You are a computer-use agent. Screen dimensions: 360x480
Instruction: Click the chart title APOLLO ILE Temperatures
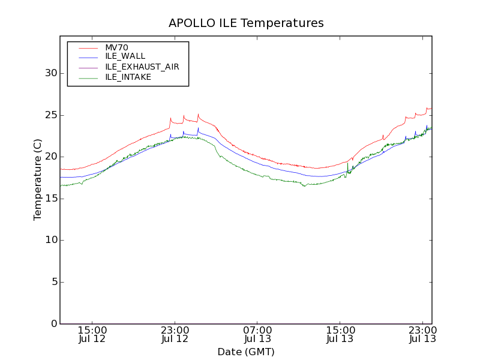(246, 23)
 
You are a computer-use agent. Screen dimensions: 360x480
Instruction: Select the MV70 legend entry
(116, 47)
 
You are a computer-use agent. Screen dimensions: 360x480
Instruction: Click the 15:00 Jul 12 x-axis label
(92, 335)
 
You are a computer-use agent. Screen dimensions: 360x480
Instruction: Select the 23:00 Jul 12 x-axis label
(175, 335)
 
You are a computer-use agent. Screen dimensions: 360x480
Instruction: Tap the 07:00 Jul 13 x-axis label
(257, 335)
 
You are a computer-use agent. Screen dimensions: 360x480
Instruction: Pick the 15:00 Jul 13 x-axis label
(340, 335)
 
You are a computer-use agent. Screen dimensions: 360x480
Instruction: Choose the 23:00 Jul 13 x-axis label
(422, 335)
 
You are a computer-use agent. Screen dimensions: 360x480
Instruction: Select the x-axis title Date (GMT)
(246, 352)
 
